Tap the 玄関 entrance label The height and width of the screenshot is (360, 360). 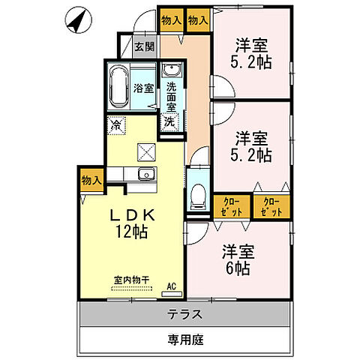[144, 46]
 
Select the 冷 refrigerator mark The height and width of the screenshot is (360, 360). [116, 125]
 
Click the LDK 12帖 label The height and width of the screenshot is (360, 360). [131, 223]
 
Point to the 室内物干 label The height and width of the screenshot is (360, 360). [132, 280]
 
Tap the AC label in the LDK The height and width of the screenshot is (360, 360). [171, 286]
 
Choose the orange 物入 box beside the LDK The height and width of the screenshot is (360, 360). [91, 181]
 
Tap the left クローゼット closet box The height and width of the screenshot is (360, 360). [228, 207]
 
